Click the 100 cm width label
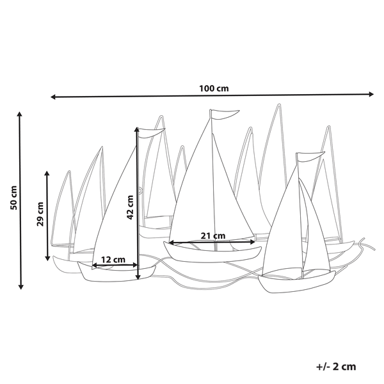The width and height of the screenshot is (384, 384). click(x=214, y=88)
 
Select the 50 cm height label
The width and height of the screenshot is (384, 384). click(x=13, y=198)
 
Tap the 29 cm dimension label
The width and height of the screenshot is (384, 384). click(x=40, y=214)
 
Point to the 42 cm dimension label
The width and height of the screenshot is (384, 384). click(x=130, y=207)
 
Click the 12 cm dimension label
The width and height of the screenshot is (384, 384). click(x=113, y=259)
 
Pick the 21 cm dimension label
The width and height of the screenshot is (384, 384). click(x=213, y=236)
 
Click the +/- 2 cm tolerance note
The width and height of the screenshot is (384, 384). click(x=336, y=367)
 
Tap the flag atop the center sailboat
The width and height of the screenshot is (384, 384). click(x=224, y=115)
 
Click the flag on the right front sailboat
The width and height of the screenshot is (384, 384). click(x=310, y=157)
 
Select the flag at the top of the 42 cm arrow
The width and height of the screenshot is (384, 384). click(x=151, y=133)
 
